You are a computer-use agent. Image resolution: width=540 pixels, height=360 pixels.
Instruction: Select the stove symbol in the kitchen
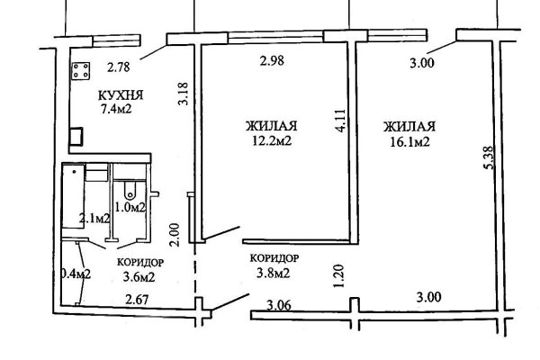point(82,70)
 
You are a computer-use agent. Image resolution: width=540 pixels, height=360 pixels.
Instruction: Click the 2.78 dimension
point(119,66)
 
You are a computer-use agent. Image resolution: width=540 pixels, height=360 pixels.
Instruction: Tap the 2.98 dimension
point(271,61)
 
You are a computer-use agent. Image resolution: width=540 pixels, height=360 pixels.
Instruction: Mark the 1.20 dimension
point(339,274)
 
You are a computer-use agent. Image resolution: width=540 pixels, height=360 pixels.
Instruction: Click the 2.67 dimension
point(137,299)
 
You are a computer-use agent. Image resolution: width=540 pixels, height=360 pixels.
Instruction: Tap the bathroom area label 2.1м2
point(94,218)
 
